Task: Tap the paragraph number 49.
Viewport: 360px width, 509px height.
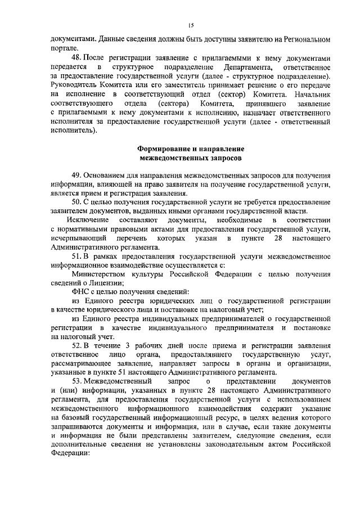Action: (77, 175)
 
